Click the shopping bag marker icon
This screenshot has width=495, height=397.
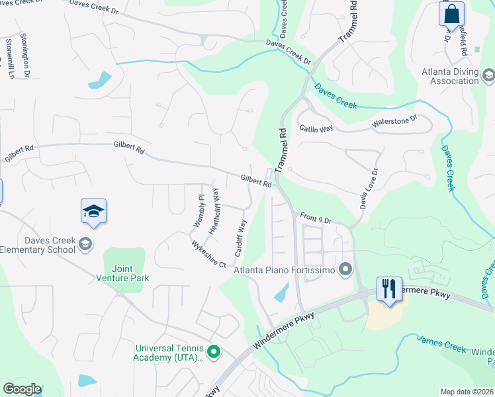point(451,13)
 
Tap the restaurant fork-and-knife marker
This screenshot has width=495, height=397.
point(388,289)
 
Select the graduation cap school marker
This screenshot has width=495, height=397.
point(93,212)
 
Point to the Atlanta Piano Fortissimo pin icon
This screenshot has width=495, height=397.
point(345,269)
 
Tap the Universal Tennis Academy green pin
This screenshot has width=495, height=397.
point(213,352)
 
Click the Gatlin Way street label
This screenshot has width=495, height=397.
point(316,128)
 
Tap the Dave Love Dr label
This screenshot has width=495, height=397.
point(369,189)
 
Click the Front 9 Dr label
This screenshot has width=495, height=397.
point(315,217)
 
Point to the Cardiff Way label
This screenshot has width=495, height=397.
point(240,238)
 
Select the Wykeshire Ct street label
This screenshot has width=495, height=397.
point(208,254)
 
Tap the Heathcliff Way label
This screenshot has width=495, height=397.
point(214,210)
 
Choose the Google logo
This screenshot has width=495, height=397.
point(22,389)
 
